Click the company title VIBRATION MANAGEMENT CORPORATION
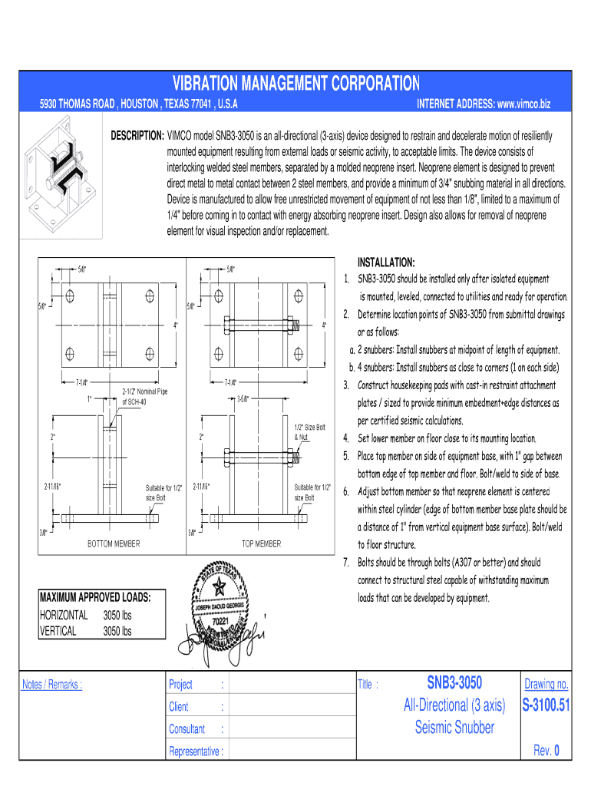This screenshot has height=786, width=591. click(296, 83)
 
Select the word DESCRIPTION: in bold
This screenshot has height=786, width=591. click(137, 136)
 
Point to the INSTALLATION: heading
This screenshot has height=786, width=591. click(386, 263)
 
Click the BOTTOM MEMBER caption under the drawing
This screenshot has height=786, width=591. click(114, 544)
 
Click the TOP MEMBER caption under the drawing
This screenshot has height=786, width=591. click(262, 544)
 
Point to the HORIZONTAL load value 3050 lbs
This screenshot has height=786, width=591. click(117, 616)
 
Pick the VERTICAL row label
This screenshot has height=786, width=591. click(58, 631)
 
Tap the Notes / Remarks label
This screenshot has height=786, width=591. click(52, 685)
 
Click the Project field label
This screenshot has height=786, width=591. click(180, 685)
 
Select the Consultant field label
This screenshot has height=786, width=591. click(187, 729)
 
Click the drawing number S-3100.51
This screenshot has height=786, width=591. click(546, 705)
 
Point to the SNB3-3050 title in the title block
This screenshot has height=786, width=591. click(454, 683)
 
